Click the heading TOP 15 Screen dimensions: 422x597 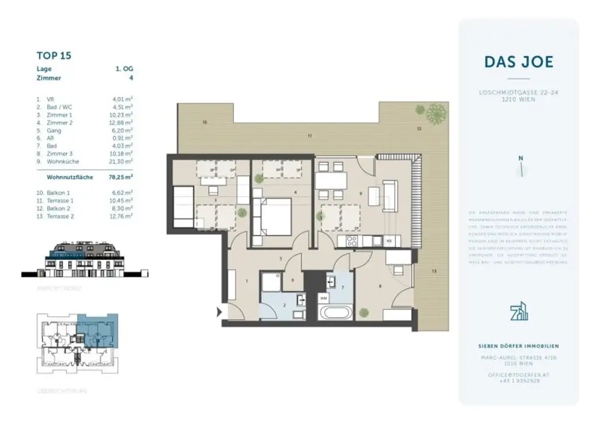click(x=54, y=56)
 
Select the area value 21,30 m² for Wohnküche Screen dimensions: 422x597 click(x=122, y=161)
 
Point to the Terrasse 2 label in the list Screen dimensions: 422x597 click(x=58, y=216)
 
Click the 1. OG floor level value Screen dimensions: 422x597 click(x=124, y=69)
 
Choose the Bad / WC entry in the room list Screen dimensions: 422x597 click(x=59, y=107)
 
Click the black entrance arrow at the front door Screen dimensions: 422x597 click(x=219, y=312)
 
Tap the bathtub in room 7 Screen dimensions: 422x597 click(x=336, y=312)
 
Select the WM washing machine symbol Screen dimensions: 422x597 click(x=324, y=298)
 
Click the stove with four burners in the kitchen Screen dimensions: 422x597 click(x=352, y=240)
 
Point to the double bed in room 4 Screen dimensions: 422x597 click(x=272, y=215)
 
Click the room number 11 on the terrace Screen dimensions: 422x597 click(x=310, y=136)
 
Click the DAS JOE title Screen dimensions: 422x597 click(x=518, y=62)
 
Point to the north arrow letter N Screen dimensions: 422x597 click(x=521, y=158)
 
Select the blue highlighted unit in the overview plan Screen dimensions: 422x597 click(x=97, y=331)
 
